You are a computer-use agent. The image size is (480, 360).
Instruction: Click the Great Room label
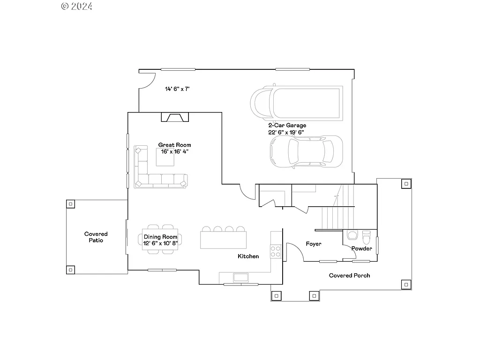tap(174, 145)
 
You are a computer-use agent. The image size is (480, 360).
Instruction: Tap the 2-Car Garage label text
tap(287, 125)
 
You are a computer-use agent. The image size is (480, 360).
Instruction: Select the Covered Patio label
tap(96, 237)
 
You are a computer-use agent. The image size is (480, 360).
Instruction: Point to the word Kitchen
tap(248, 256)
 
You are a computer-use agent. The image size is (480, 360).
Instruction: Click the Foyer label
tap(314, 244)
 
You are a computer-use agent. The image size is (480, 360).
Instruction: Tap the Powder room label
tap(361, 248)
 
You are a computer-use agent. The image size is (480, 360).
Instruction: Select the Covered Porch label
tap(349, 275)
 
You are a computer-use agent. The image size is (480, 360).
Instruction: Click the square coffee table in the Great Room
tap(165, 157)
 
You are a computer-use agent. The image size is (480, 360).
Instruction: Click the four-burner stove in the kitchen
tap(276, 251)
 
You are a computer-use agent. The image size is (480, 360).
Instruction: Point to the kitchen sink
tap(241, 277)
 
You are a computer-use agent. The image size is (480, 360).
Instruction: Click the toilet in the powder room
tap(367, 235)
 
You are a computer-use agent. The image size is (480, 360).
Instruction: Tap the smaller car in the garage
tap(306, 151)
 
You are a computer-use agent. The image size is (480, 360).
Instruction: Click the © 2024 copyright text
tap(77, 6)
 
